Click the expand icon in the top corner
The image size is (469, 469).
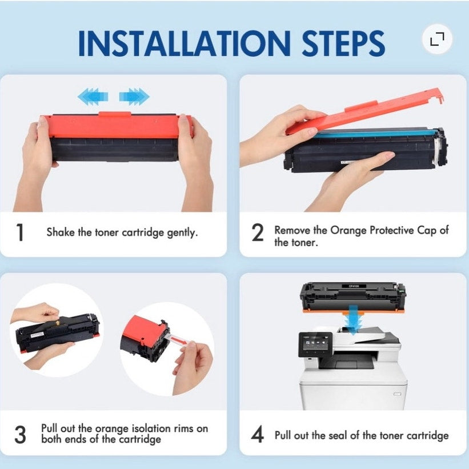coord(437,39)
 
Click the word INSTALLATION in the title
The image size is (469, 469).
coord(185,43)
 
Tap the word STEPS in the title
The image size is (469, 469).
coord(343,43)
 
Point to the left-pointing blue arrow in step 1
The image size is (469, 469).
coord(93,97)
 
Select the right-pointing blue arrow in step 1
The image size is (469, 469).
coord(134,97)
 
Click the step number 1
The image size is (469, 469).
coord(20,233)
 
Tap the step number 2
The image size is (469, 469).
coord(258,233)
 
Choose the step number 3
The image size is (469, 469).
coord(21,434)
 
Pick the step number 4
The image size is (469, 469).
coord(258,434)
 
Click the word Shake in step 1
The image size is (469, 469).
coord(61,232)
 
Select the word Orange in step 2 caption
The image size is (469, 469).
coord(348,231)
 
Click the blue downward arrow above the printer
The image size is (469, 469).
coord(353,320)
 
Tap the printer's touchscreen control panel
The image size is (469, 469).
coord(315,344)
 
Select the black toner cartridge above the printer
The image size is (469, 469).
coord(353,297)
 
